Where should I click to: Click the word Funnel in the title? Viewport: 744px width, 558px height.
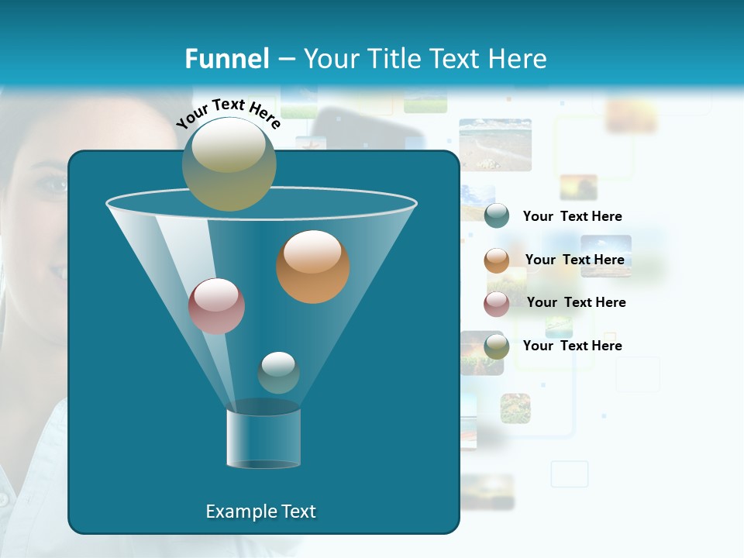226,59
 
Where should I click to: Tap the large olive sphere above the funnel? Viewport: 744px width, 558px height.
229,164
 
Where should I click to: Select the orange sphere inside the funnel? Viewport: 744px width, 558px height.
312,267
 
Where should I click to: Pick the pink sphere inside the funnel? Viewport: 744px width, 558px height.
216,306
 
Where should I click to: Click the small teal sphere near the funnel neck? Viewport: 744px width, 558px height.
278,372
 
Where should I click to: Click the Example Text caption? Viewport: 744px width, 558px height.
260,511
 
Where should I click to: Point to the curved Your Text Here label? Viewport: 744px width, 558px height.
228,112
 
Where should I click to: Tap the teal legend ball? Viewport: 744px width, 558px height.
496,216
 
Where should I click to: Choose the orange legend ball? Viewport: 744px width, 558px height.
496,260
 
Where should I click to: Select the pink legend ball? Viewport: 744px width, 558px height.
496,304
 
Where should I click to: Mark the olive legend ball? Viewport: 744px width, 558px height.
496,346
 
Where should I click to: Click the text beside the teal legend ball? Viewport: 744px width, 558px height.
572,216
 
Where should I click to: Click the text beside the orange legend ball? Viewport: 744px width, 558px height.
574,260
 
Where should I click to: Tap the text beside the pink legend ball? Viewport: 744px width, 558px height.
576,302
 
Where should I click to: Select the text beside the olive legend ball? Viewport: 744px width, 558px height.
572,346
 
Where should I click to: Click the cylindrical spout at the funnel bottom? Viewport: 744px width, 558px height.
263,438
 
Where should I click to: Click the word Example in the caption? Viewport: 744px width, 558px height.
237,511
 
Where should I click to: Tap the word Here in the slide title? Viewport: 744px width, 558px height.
517,59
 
